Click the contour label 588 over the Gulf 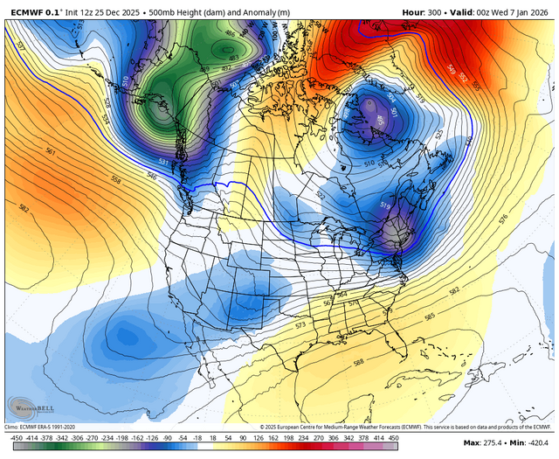tap(357, 361)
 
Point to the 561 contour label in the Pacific tap(51, 152)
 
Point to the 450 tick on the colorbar tap(393, 436)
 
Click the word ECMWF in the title tap(27, 12)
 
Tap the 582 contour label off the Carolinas tap(453, 290)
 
